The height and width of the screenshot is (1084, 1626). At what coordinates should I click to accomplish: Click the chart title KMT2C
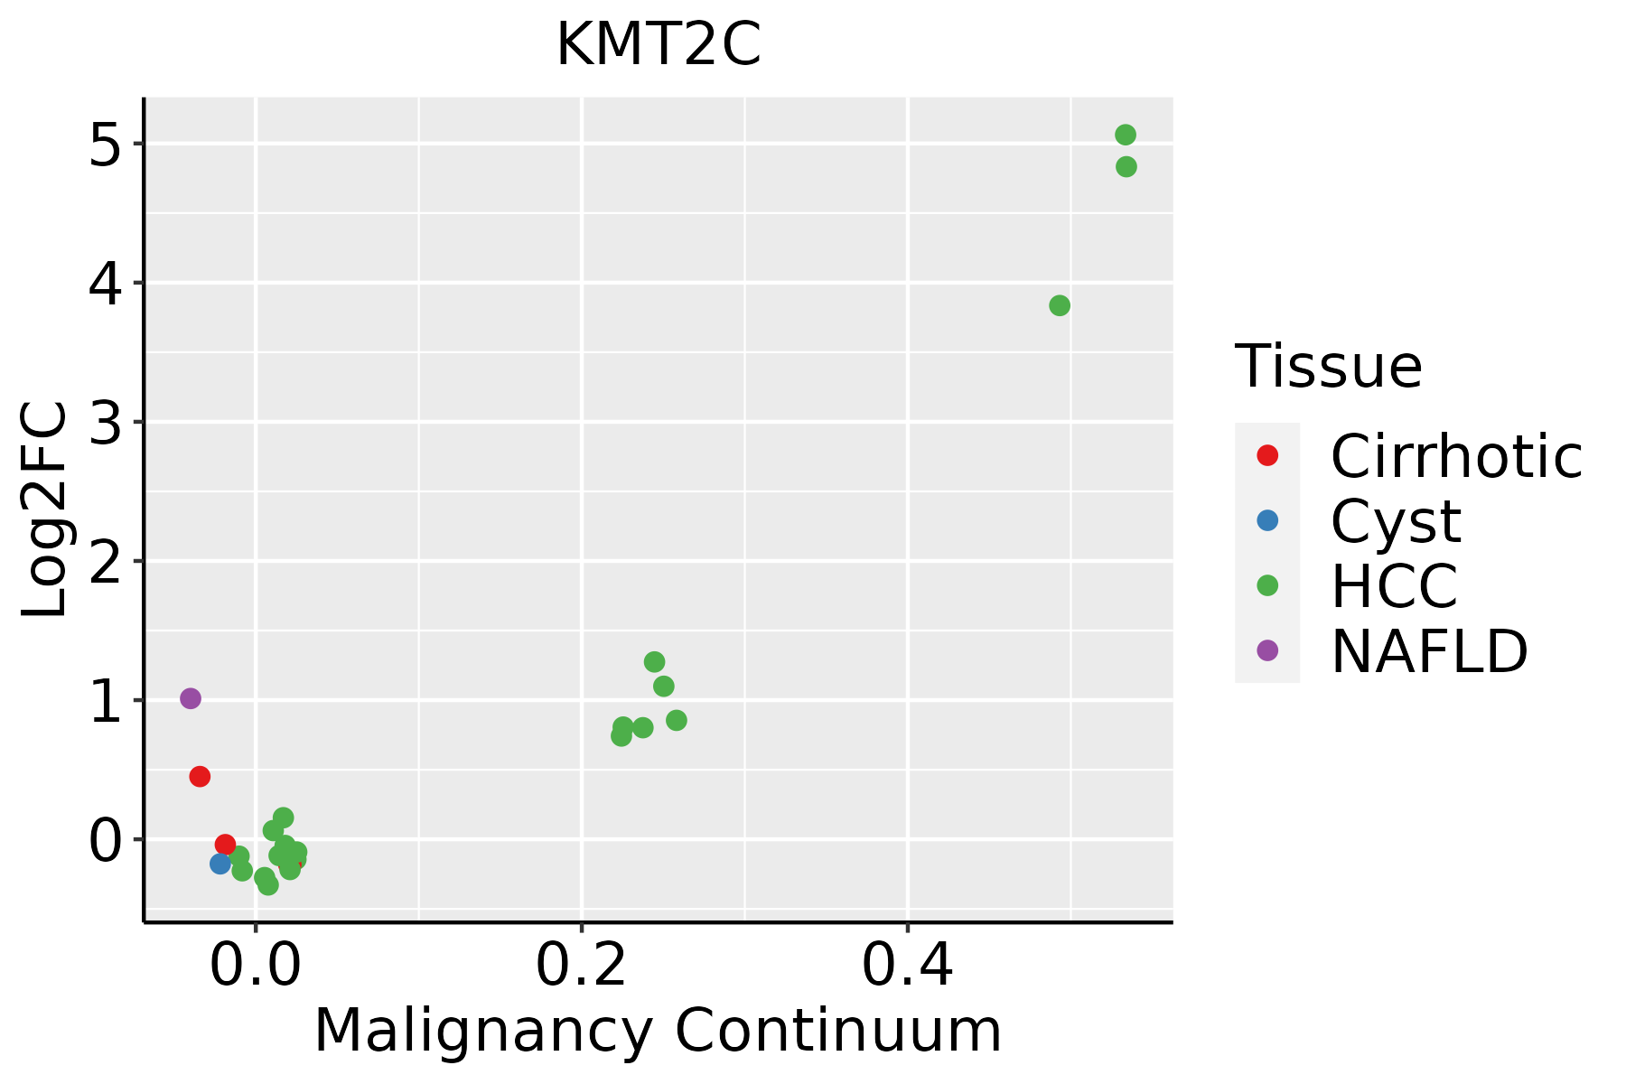tap(659, 45)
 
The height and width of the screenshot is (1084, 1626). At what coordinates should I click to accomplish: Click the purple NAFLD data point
tap(191, 698)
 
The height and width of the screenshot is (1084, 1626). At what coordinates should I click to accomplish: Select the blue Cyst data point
tap(220, 864)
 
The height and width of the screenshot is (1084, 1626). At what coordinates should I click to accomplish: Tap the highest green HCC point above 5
tap(1126, 135)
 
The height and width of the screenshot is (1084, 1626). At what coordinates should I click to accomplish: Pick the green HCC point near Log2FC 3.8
tap(1060, 305)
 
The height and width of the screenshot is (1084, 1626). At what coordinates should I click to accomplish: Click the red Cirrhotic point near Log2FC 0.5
tap(200, 776)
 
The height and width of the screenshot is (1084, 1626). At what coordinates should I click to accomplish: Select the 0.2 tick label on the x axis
tap(581, 967)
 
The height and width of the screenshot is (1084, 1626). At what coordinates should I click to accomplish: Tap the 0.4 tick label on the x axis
tap(907, 967)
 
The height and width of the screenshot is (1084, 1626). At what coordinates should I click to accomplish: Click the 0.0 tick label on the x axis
tap(256, 967)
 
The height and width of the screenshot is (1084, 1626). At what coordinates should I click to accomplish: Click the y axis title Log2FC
tap(45, 509)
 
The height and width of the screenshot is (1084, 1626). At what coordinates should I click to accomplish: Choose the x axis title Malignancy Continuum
tap(658, 1031)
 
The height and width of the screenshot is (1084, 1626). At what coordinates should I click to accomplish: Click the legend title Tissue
tap(1329, 366)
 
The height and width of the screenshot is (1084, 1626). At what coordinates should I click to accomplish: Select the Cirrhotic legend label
tap(1456, 456)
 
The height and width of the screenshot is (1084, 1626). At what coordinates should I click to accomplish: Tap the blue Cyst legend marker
tap(1267, 520)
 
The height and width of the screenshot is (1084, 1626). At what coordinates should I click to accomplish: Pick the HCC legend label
tap(1394, 585)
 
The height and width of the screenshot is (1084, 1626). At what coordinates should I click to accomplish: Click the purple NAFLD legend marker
tap(1267, 650)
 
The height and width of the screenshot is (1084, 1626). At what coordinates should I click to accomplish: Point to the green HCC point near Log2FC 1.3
tap(655, 661)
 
